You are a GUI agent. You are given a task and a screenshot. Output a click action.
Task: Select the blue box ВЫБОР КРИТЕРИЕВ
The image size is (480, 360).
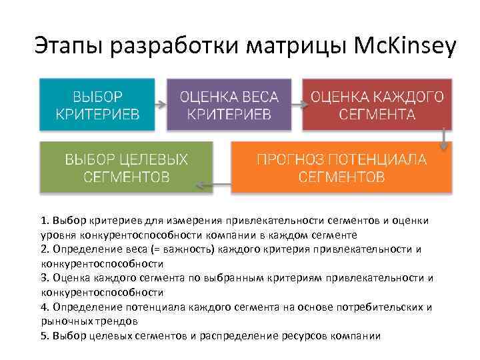tap(97, 104)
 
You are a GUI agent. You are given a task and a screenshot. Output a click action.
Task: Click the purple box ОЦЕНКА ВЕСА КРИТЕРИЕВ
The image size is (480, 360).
tap(229, 104)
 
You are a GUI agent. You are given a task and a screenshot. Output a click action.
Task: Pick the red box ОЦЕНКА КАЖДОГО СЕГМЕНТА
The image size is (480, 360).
tap(377, 104)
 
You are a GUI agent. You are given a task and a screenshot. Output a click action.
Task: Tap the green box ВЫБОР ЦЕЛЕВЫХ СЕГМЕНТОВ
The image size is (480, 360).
tap(126, 168)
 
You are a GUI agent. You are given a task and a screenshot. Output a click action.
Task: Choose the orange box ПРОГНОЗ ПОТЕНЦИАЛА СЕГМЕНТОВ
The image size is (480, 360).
tap(341, 168)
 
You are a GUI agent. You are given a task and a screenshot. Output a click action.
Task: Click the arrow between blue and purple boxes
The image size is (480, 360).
tap(160, 104)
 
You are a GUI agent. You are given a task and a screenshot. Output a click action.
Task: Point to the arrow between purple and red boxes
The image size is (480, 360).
tap(297, 104)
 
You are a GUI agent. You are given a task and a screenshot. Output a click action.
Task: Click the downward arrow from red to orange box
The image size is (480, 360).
tap(443, 138)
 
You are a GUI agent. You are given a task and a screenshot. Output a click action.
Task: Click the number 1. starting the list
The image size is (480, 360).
tap(45, 220)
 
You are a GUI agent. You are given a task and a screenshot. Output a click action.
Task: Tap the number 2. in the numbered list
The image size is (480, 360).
tap(45, 249)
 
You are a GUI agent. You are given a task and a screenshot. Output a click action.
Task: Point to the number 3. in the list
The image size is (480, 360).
tap(45, 277)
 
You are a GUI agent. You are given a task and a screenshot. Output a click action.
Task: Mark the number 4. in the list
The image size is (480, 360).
tap(45, 307)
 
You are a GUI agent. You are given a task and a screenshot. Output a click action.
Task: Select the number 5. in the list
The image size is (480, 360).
tap(45, 335)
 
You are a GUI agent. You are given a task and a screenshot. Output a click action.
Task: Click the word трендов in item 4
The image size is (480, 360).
tap(120, 321)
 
